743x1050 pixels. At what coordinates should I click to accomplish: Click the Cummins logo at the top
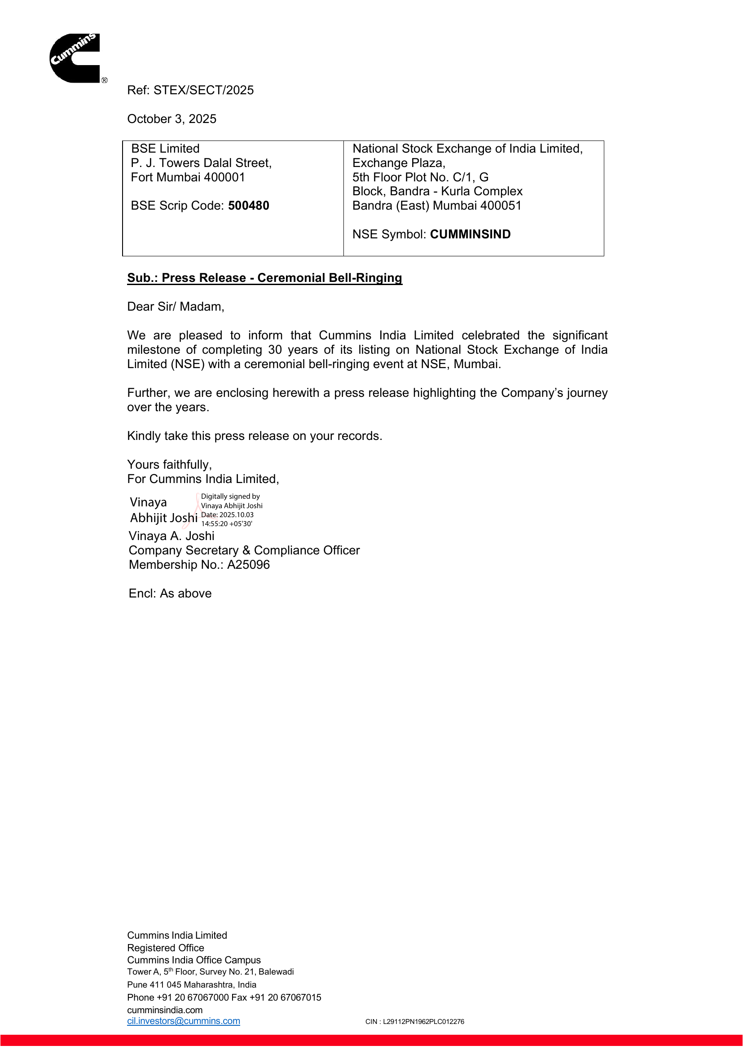(x=75, y=58)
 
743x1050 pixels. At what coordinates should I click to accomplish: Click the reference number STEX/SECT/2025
(x=203, y=90)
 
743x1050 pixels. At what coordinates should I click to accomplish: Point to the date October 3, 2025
(x=171, y=119)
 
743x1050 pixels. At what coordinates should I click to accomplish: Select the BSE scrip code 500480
(x=248, y=206)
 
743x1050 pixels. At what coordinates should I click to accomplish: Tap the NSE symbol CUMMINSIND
(x=470, y=234)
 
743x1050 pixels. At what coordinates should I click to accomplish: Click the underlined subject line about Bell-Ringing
(x=264, y=278)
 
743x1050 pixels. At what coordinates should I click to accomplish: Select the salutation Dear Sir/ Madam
(x=176, y=307)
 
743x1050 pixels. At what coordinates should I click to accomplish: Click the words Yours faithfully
(x=169, y=464)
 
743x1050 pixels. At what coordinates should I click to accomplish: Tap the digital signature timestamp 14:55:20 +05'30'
(x=226, y=524)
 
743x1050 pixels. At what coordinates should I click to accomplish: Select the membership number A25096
(x=248, y=565)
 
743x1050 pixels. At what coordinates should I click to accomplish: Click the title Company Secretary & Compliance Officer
(x=244, y=550)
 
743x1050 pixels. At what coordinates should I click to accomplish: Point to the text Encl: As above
(x=170, y=593)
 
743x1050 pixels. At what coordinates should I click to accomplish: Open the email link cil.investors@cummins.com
(x=184, y=1021)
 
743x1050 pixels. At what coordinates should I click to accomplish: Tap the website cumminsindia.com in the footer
(x=165, y=1010)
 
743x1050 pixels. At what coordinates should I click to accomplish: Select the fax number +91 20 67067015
(x=285, y=997)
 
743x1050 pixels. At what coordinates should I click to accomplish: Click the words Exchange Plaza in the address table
(x=398, y=163)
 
